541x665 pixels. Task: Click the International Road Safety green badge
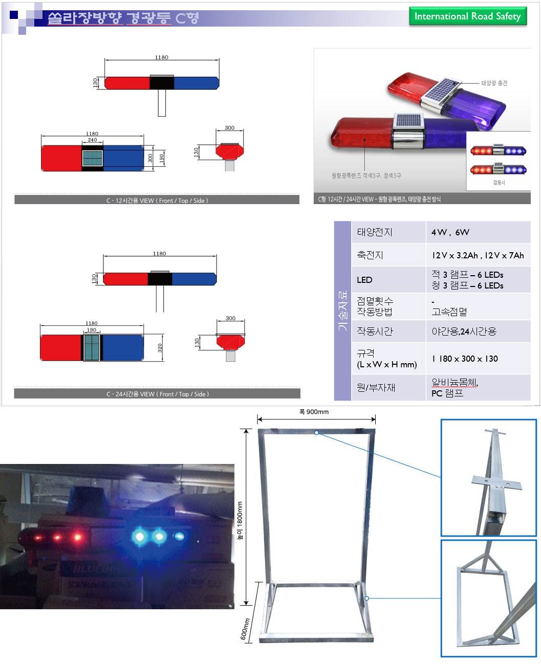click(x=467, y=16)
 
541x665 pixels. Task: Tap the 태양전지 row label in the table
click(x=375, y=232)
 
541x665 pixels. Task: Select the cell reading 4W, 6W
click(x=450, y=232)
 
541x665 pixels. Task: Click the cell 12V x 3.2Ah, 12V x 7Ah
click(x=478, y=255)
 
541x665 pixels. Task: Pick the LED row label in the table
click(x=364, y=280)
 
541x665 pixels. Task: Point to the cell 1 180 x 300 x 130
click(x=465, y=359)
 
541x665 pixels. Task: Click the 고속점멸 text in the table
click(x=449, y=312)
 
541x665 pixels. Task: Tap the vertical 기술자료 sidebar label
click(x=342, y=311)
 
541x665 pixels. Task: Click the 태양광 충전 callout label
click(x=494, y=83)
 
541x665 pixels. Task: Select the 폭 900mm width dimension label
click(x=314, y=412)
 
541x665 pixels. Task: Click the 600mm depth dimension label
click(x=245, y=629)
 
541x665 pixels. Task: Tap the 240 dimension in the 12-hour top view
click(x=92, y=140)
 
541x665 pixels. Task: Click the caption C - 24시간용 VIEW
click(x=158, y=394)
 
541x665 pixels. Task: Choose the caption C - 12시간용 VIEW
click(x=157, y=201)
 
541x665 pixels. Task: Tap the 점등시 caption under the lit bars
click(x=499, y=183)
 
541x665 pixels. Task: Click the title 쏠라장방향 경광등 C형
click(x=123, y=18)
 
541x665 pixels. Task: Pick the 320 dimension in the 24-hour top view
click(x=160, y=348)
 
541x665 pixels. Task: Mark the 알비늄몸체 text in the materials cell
click(x=455, y=383)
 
